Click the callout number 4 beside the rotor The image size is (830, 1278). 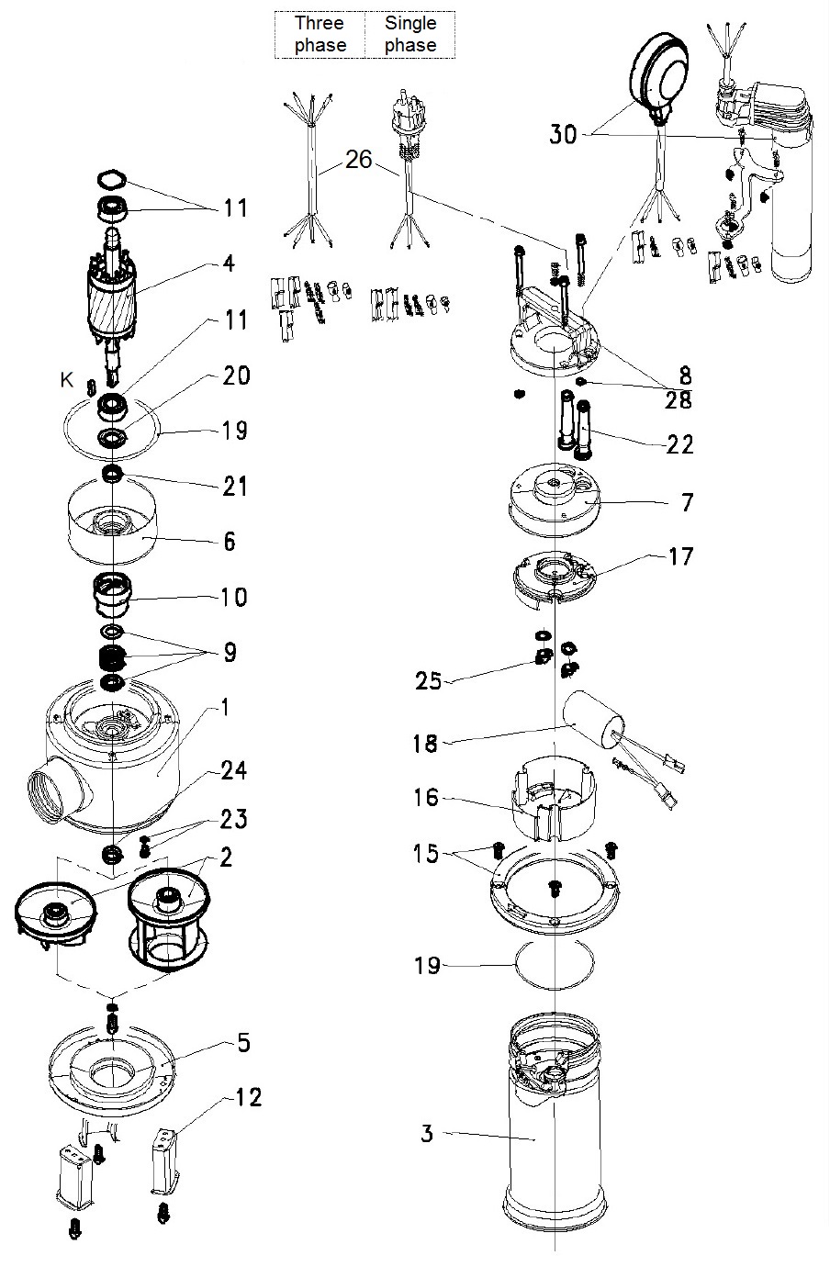pyautogui.click(x=229, y=264)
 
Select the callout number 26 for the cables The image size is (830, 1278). pyautogui.click(x=359, y=160)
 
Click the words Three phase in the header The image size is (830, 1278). pyautogui.click(x=320, y=34)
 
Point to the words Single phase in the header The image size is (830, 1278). pyautogui.click(x=410, y=34)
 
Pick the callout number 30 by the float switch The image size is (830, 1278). pyautogui.click(x=564, y=134)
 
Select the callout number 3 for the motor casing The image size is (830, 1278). pyautogui.click(x=427, y=1134)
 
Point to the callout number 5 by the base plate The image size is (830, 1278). pyautogui.click(x=243, y=1043)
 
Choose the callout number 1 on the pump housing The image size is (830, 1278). pyautogui.click(x=227, y=708)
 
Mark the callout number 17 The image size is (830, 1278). pyautogui.click(x=681, y=555)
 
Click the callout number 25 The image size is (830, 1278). pyautogui.click(x=428, y=681)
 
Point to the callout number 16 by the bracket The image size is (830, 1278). pyautogui.click(x=428, y=798)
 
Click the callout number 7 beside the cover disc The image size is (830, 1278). pyautogui.click(x=688, y=503)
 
